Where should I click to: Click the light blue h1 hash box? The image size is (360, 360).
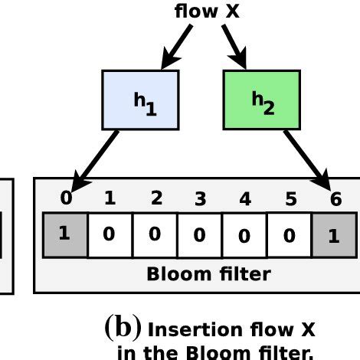[x=140, y=100]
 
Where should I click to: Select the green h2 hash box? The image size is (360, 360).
[x=262, y=100]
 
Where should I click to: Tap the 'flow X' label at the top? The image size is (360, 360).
[x=207, y=11]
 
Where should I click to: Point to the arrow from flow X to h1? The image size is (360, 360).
[x=177, y=47]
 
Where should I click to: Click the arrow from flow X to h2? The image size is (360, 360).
[x=234, y=47]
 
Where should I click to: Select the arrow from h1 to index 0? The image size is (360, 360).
[x=95, y=162]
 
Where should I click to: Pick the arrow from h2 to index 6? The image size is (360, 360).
[x=308, y=161]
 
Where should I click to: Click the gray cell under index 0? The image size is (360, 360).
[x=65, y=235]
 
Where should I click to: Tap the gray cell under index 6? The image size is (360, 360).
[x=334, y=235]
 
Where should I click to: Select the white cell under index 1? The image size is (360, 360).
[x=110, y=235]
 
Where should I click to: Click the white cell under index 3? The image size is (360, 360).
[x=200, y=235]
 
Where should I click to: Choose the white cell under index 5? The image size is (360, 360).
[x=290, y=235]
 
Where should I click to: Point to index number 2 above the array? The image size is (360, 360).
[x=156, y=198]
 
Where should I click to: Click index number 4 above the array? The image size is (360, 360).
[x=245, y=198]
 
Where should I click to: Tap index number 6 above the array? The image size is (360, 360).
[x=335, y=198]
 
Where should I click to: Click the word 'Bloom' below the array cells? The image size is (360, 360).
[x=179, y=274]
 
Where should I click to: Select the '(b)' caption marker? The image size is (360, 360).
[x=123, y=328]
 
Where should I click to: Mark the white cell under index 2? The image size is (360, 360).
[x=155, y=235]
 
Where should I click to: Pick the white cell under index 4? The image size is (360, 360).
[x=244, y=235]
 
